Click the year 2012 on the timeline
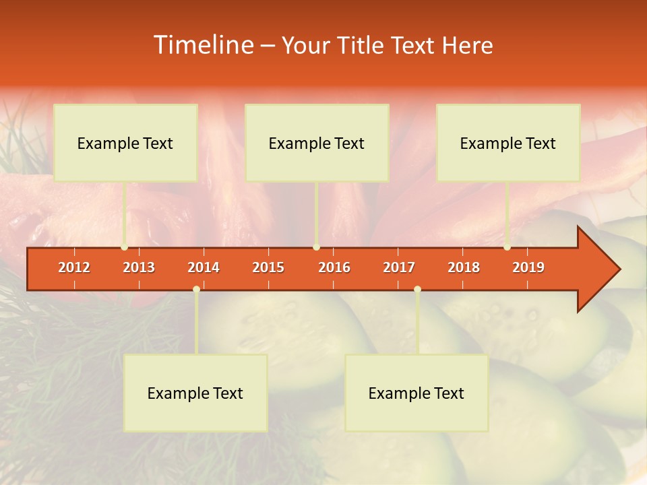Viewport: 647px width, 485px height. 74,267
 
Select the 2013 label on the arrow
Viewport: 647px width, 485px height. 139,267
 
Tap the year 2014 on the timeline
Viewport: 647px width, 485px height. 204,267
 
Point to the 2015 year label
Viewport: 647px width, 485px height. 268,267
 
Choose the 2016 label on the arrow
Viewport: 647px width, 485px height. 334,267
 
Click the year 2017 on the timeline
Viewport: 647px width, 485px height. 399,267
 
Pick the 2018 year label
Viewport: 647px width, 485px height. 464,267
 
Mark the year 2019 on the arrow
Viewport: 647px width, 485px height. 528,267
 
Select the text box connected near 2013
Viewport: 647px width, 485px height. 125,143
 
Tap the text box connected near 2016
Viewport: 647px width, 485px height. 317,143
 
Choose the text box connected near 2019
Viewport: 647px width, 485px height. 508,143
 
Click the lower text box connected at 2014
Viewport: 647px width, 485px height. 195,393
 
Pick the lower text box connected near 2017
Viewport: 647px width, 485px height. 417,393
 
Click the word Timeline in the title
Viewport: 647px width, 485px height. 202,45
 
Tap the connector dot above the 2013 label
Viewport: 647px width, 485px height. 124,247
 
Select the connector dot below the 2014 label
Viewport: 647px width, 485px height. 196,289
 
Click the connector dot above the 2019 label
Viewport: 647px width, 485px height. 507,247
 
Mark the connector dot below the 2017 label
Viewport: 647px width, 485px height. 417,289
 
